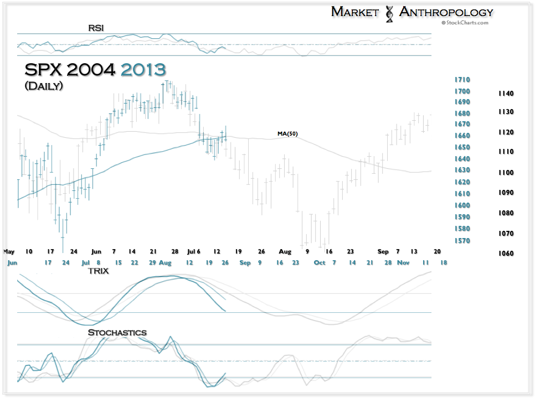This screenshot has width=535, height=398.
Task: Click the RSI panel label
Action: click(96, 28)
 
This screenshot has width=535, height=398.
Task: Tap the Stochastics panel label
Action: click(117, 332)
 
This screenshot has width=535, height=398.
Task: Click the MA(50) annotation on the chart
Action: click(288, 134)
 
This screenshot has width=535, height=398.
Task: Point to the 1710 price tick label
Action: click(462, 80)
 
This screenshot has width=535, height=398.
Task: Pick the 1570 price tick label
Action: click(462, 241)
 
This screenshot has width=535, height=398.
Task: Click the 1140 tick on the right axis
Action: click(506, 94)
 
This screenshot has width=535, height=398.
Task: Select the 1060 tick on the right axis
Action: click(506, 254)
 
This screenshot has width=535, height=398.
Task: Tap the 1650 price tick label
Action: click(462, 147)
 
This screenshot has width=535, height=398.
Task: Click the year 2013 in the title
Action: click(143, 70)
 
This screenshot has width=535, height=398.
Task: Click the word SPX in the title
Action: click(45, 70)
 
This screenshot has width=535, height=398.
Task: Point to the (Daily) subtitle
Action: click(44, 86)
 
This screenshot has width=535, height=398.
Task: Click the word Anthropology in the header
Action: click(446, 12)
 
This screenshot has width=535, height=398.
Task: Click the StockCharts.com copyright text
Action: click(465, 23)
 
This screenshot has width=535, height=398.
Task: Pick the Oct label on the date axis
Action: click(320, 262)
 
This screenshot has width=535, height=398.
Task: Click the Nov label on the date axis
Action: click(404, 262)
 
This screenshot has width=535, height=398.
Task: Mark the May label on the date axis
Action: click(9, 251)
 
